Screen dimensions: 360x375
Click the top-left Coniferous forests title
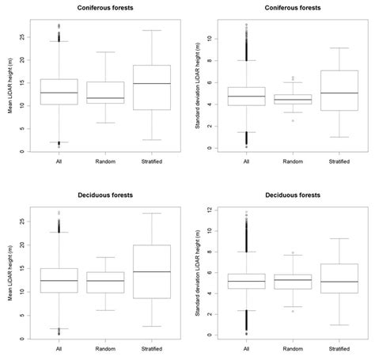[x=106, y=7]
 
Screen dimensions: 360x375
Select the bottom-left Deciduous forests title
[x=106, y=193]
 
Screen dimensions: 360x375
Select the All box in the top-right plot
[x=248, y=96]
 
